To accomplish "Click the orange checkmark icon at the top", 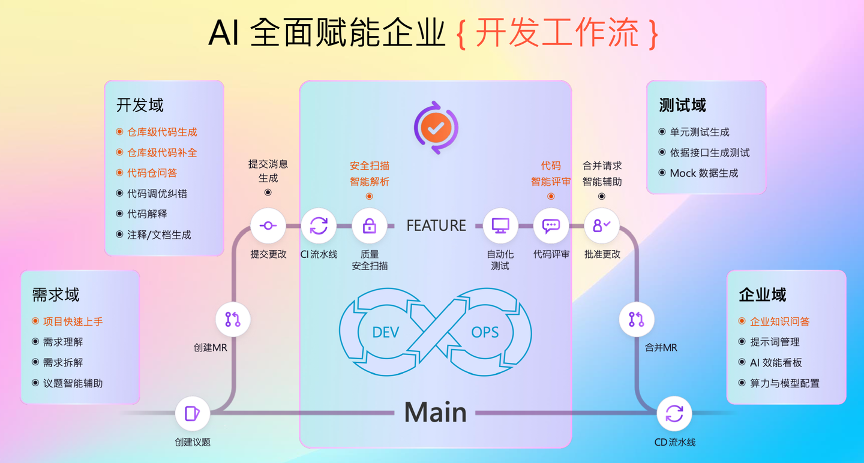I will click(x=436, y=127).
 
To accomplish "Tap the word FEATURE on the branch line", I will click(x=436, y=226).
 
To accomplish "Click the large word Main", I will click(x=436, y=412).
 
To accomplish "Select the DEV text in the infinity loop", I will click(x=385, y=332).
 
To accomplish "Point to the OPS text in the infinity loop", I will click(x=485, y=332).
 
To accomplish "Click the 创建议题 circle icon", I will click(x=193, y=413).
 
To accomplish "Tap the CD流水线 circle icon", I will click(x=674, y=413).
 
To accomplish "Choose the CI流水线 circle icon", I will click(x=319, y=226).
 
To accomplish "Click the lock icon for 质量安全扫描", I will click(x=369, y=226).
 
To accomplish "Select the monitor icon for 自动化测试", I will click(x=500, y=226).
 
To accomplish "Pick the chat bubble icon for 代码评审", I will click(x=551, y=226).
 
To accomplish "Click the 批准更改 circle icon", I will click(x=601, y=226).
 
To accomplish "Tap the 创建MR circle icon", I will click(x=233, y=319).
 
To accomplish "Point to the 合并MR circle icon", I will click(x=637, y=319).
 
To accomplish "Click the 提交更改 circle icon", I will click(x=268, y=226).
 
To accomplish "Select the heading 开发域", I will click(x=140, y=106).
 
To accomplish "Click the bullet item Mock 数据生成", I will click(x=704, y=173).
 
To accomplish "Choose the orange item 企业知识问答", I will click(x=779, y=321).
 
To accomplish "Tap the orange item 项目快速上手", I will click(x=73, y=321).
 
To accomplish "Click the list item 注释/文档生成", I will click(x=159, y=235).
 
